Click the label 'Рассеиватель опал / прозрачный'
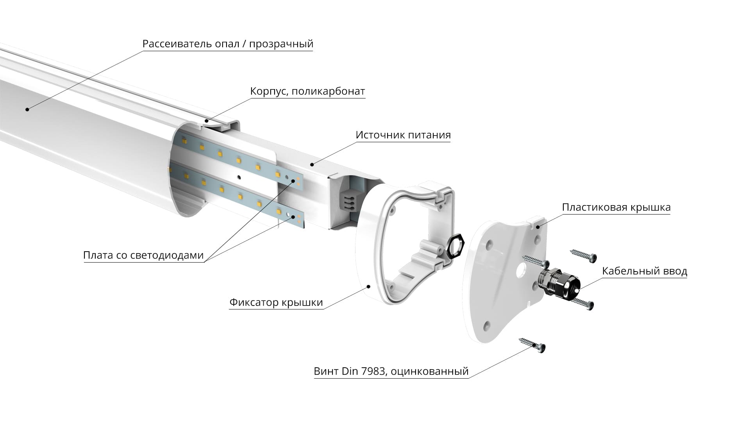[228, 44]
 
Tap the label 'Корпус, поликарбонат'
[307, 91]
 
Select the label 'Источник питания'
[403, 135]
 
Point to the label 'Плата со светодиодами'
[143, 255]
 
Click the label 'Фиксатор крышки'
[276, 302]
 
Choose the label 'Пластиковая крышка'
[616, 207]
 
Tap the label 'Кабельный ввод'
[644, 271]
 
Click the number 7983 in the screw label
[373, 371]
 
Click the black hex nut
[455, 246]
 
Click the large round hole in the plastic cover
[521, 270]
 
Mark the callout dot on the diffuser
[27, 109]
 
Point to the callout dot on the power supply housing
[312, 165]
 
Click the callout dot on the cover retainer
[368, 286]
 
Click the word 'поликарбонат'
[328, 91]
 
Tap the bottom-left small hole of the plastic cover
[487, 325]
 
